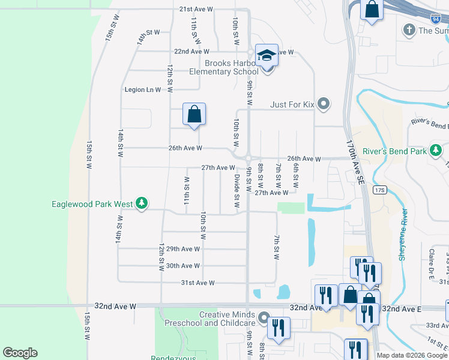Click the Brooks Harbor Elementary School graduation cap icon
pyautogui.click(x=267, y=56)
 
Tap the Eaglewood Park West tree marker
pyautogui.click(x=142, y=204)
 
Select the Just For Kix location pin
pyautogui.click(x=324, y=104)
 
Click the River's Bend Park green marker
pyautogui.click(x=435, y=151)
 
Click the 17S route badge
pyautogui.click(x=379, y=191)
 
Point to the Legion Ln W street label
pyautogui.click(x=143, y=90)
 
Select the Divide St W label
pyautogui.click(x=237, y=191)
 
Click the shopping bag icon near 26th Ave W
pyautogui.click(x=194, y=114)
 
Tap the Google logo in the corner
pyautogui.click(x=20, y=353)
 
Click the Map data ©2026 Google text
pyautogui.click(x=411, y=355)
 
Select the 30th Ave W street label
pyautogui.click(x=182, y=266)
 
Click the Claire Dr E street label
pyautogui.click(x=431, y=262)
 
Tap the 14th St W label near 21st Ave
pyautogui.click(x=141, y=39)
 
